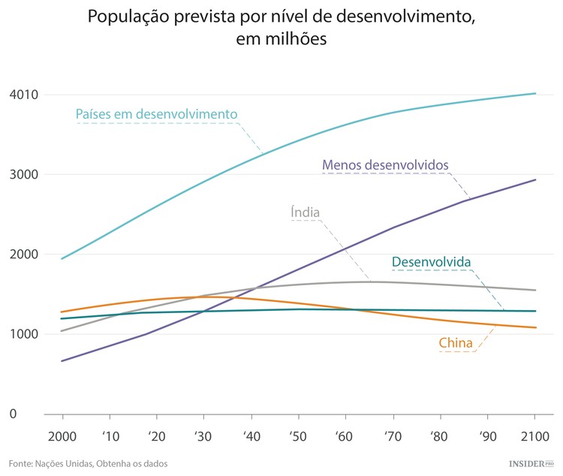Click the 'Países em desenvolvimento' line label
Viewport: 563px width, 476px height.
click(156, 115)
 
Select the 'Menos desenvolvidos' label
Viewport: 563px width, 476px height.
click(385, 164)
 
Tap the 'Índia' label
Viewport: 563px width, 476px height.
click(306, 212)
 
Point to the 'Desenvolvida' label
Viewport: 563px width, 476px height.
click(431, 262)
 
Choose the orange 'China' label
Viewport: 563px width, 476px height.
click(456, 344)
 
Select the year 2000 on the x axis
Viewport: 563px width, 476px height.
click(62, 436)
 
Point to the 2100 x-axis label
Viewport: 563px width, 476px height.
click(534, 436)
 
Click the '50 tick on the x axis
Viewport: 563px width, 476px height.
click(298, 436)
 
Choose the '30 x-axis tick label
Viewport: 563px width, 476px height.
click(203, 436)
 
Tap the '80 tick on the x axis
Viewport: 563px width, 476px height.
click(439, 436)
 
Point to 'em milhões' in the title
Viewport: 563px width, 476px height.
click(281, 39)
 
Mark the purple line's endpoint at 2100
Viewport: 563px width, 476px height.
click(534, 179)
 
